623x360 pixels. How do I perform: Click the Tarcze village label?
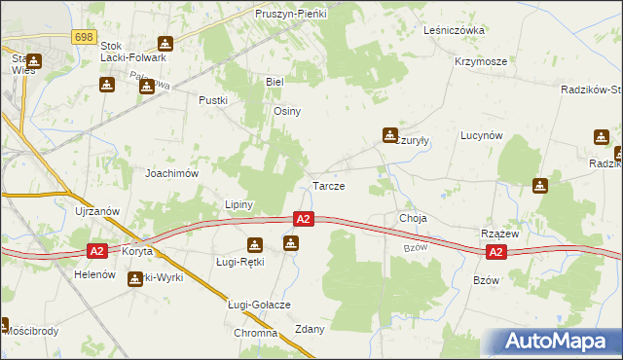pyautogui.click(x=328, y=185)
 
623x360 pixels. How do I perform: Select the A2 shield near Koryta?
pyautogui.click(x=96, y=250)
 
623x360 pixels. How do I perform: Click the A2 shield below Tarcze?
pyautogui.click(x=304, y=220)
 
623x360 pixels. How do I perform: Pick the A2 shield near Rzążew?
pyautogui.click(x=495, y=252)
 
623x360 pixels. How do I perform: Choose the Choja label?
pyautogui.click(x=413, y=218)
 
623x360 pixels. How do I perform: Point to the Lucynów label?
pyautogui.click(x=481, y=136)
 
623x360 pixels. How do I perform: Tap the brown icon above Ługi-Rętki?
pyautogui.click(x=254, y=244)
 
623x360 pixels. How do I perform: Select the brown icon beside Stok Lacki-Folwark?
pyautogui.click(x=165, y=44)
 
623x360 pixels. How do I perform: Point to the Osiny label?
pyautogui.click(x=287, y=111)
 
